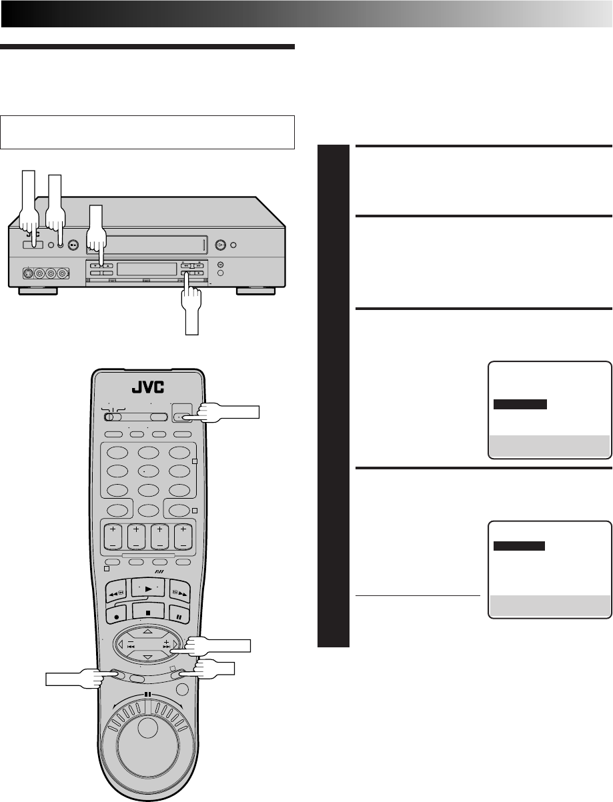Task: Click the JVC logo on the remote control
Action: click(147, 387)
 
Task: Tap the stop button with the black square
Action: click(148, 613)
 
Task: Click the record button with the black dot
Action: click(116, 615)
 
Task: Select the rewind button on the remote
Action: click(116, 591)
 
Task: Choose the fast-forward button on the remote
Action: click(180, 591)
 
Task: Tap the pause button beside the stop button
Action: click(179, 615)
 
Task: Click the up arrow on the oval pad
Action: click(147, 631)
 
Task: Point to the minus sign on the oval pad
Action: click(131, 642)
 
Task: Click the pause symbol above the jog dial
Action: click(147, 694)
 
